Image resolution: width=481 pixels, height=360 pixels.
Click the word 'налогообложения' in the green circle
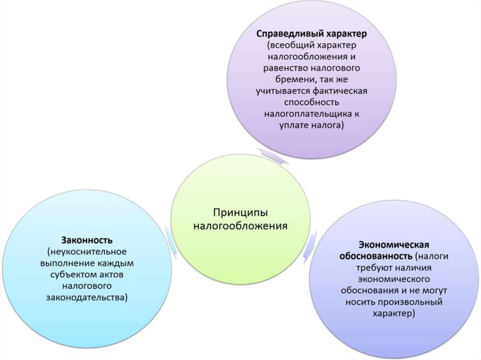coord(240,226)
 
